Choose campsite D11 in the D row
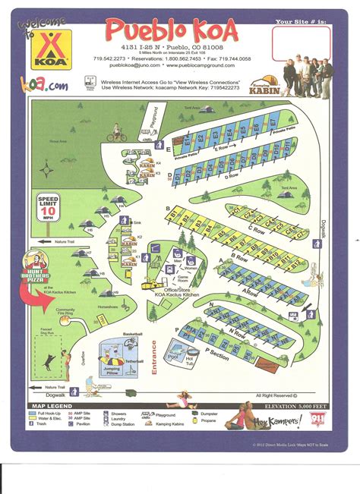[176, 178]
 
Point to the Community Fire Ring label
[65, 311]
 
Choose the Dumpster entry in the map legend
[207, 414]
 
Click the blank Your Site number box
[302, 44]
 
